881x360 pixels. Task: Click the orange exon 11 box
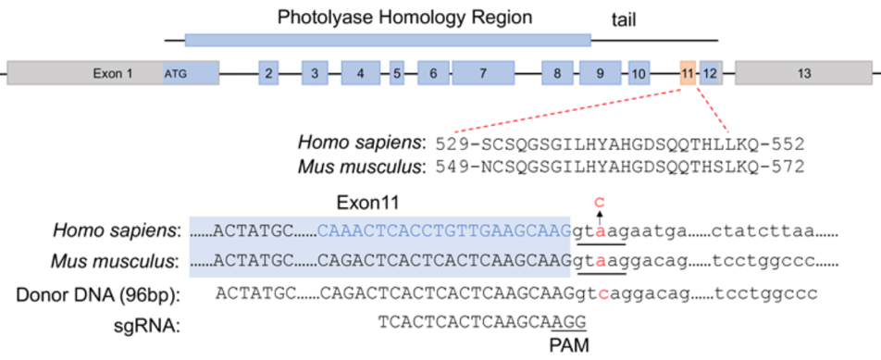pyautogui.click(x=688, y=72)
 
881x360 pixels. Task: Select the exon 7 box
pyautogui.click(x=483, y=72)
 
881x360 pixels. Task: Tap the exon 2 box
pyautogui.click(x=269, y=72)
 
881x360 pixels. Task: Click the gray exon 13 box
pyautogui.click(x=803, y=72)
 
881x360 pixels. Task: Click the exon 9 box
pyautogui.click(x=601, y=72)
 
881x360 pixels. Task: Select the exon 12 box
pyautogui.click(x=710, y=72)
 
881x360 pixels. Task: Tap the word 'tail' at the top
pyautogui.click(x=624, y=21)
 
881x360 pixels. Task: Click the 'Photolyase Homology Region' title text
pyautogui.click(x=405, y=18)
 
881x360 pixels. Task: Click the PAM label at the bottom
pyautogui.click(x=570, y=344)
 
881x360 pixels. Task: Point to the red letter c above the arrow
pyautogui.click(x=600, y=201)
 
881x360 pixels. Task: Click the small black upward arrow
pyautogui.click(x=600, y=217)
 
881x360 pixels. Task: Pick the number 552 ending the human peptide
pyautogui.click(x=789, y=144)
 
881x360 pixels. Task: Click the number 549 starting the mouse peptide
pyautogui.click(x=451, y=167)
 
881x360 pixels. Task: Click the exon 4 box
pyautogui.click(x=360, y=72)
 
